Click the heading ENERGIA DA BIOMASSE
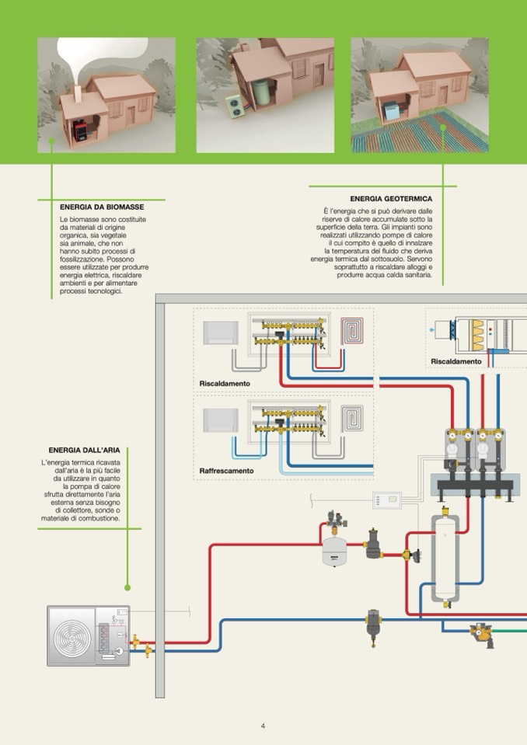tap(102, 207)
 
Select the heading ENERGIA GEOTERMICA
tap(391, 199)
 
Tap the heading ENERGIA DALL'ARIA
tap(84, 450)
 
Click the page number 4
tap(263, 726)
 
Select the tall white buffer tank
tap(445, 555)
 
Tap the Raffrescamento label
tap(226, 471)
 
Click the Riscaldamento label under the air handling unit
tap(456, 361)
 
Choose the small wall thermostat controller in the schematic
tap(386, 500)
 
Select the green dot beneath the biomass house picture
tap(51, 141)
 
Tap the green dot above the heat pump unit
tap(127, 588)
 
